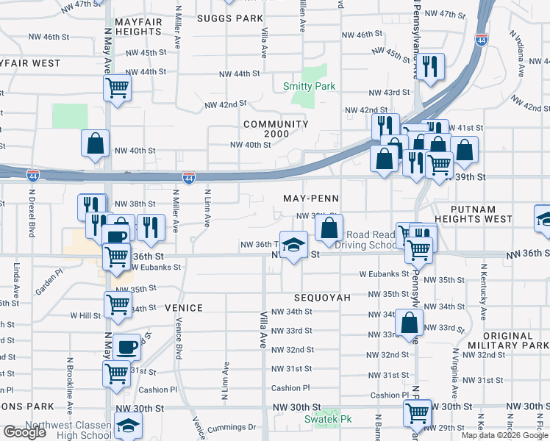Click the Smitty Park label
tap(310, 87)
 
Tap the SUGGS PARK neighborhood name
tap(230, 18)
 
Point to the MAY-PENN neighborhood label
tap(310, 199)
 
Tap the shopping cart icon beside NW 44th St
tap(118, 88)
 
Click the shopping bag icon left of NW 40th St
tap(96, 144)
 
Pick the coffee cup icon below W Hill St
tap(126, 346)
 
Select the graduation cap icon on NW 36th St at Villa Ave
tap(293, 244)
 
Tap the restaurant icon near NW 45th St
tap(431, 67)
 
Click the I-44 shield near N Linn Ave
tap(190, 178)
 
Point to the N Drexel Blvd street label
tap(32, 215)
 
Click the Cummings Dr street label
tap(231, 427)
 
